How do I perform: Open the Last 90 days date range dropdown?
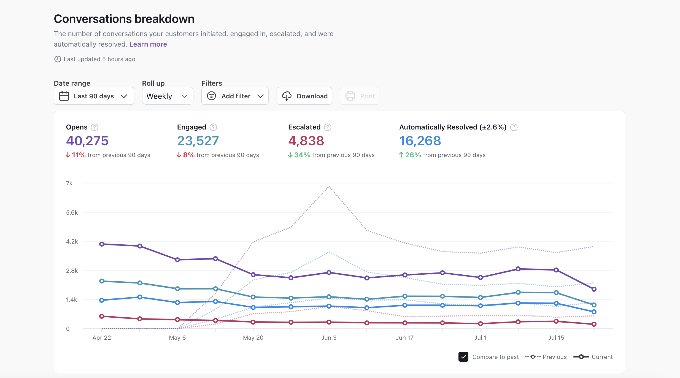pos(94,96)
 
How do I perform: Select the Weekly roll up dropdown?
pos(167,96)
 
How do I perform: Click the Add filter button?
pos(235,96)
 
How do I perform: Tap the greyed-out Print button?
pos(360,96)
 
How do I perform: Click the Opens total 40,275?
pos(87,141)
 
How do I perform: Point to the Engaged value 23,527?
pos(198,141)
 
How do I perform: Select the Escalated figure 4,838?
pos(306,141)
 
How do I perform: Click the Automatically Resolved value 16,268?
pos(420,141)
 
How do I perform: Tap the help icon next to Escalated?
pos(328,127)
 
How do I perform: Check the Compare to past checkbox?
pos(463,357)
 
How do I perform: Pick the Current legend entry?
pos(593,357)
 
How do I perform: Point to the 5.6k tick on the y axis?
pos(72,213)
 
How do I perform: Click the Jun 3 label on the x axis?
pos(329,338)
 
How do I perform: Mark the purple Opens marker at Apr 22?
pos(102,244)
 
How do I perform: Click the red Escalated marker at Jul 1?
pos(480,324)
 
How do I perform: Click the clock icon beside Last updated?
pos(58,59)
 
